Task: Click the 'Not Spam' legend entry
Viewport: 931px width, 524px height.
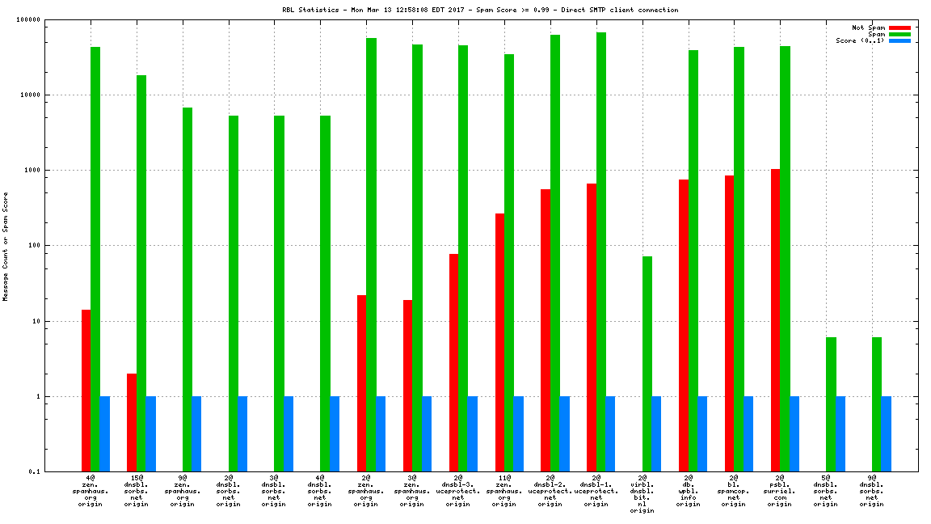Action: pyautogui.click(x=869, y=27)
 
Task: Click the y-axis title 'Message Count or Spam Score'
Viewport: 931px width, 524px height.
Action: pyautogui.click(x=6, y=246)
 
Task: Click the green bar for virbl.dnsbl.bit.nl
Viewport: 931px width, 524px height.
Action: pyautogui.click(x=647, y=364)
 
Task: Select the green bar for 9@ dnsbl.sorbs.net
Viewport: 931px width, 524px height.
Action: pyautogui.click(x=877, y=404)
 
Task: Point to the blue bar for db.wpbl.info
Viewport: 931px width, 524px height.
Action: pyautogui.click(x=702, y=433)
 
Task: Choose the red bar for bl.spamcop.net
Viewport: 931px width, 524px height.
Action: pyautogui.click(x=730, y=323)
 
